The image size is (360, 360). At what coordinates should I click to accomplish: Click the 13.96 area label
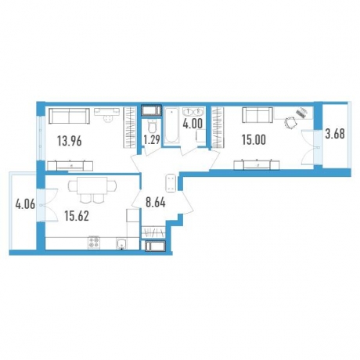click(70, 142)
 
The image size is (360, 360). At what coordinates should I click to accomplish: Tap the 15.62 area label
click(77, 216)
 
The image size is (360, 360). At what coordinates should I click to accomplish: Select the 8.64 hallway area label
click(156, 203)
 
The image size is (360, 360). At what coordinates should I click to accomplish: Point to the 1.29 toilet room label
click(152, 140)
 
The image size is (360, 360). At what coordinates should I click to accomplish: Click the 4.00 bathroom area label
click(193, 124)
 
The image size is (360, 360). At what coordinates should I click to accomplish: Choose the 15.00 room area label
click(254, 140)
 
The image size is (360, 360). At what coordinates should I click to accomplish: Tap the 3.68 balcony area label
click(335, 134)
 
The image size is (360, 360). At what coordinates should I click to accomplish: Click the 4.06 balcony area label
click(25, 204)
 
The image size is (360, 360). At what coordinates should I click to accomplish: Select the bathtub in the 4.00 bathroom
click(171, 125)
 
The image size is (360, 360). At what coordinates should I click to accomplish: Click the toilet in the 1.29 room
click(151, 127)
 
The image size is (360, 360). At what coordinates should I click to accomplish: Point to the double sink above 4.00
click(193, 112)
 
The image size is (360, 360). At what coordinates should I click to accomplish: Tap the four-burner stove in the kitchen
click(94, 243)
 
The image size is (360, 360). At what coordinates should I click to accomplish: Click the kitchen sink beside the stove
click(122, 244)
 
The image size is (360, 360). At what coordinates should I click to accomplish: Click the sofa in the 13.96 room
click(69, 116)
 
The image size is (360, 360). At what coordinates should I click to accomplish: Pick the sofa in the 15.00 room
click(257, 115)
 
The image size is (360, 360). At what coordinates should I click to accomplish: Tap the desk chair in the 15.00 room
click(290, 122)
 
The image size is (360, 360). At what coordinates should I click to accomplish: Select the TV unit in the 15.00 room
click(257, 165)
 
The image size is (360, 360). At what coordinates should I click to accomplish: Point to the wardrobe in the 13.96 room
click(130, 128)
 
